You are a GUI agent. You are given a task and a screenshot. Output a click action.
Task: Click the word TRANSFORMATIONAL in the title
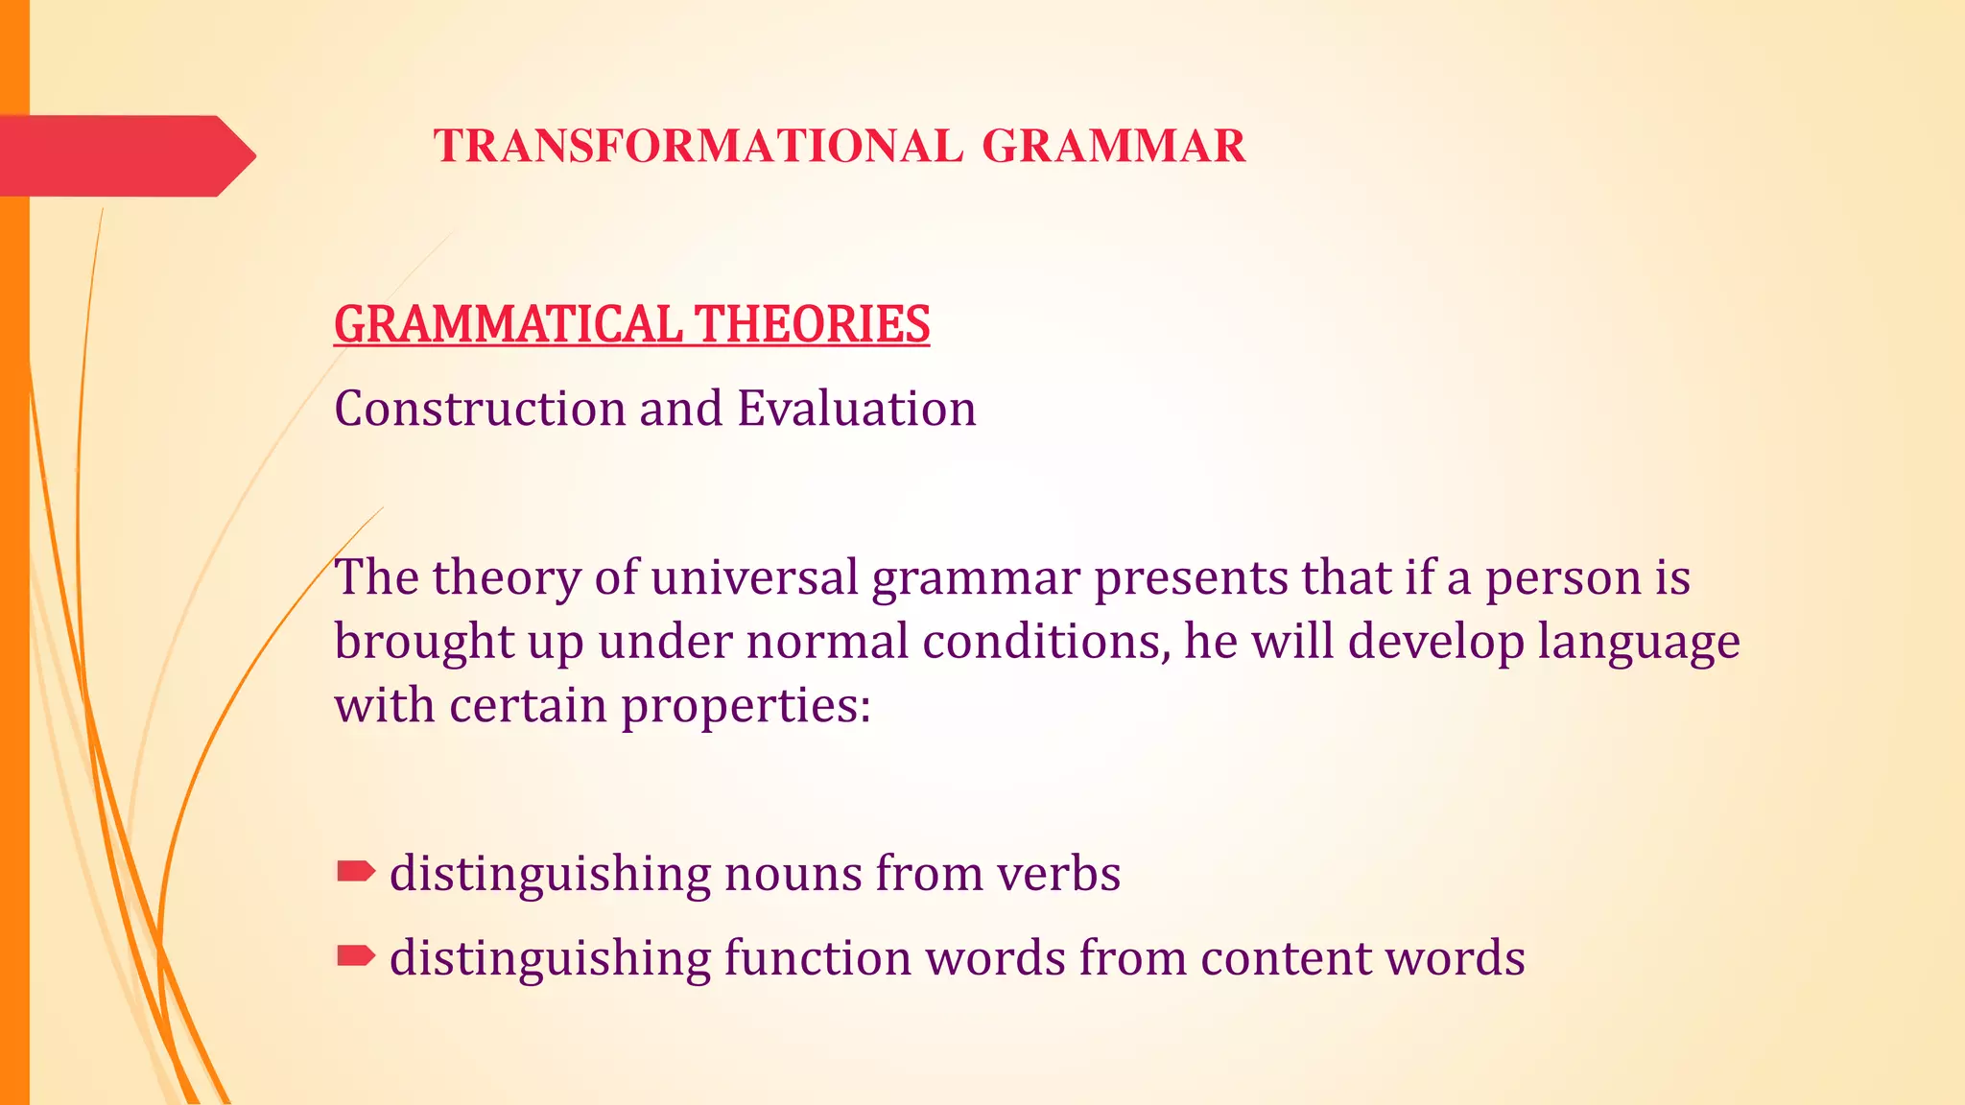[x=698, y=147]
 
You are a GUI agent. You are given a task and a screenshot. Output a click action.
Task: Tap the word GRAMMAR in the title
[x=1113, y=147]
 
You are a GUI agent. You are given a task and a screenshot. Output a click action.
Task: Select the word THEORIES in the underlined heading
[x=812, y=324]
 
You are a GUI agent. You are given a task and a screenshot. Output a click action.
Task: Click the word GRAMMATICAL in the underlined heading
[x=508, y=324]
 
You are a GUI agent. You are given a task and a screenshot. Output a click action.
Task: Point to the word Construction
[x=479, y=410]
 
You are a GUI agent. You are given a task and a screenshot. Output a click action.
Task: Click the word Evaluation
[x=856, y=410]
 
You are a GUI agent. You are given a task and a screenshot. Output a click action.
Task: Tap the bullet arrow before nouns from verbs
[x=355, y=871]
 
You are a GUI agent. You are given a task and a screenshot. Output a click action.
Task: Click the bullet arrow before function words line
[x=355, y=955]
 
